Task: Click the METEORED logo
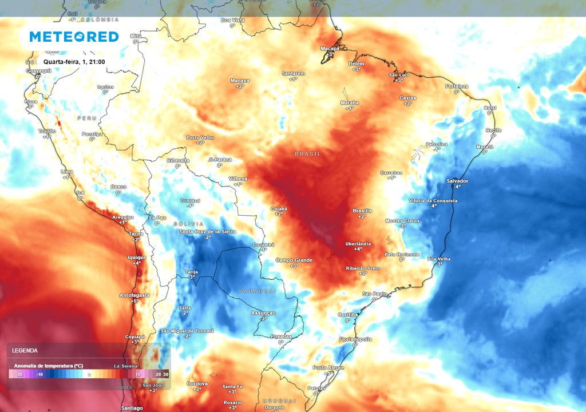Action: tap(74, 37)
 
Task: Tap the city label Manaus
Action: tap(240, 81)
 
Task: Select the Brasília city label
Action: tap(362, 211)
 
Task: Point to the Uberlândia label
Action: tap(358, 244)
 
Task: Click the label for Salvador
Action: tap(457, 181)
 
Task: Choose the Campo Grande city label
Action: tap(294, 260)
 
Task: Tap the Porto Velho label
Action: tap(200, 137)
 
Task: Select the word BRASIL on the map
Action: tap(308, 154)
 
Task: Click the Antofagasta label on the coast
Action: tap(134, 295)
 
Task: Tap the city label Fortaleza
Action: tap(457, 86)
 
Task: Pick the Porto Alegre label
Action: tap(328, 367)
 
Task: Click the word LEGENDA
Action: tap(25, 350)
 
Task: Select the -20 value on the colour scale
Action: tap(19, 374)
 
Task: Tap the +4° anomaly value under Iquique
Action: tap(137, 263)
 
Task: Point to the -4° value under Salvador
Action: tap(457, 187)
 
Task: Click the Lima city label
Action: tap(68, 172)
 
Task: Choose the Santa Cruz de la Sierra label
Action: tap(207, 231)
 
